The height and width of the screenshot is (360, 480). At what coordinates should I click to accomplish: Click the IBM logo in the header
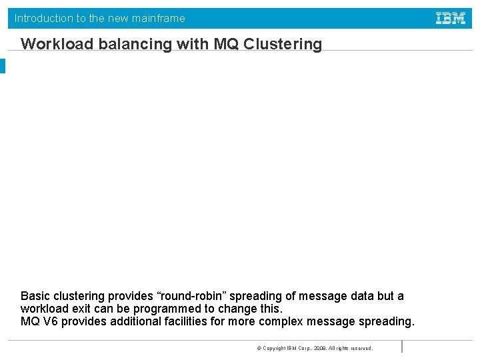(451, 19)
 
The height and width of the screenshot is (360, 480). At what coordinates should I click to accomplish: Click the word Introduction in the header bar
(43, 19)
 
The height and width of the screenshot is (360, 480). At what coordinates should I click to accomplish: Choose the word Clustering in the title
(283, 45)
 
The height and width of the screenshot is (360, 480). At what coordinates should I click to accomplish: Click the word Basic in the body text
(35, 296)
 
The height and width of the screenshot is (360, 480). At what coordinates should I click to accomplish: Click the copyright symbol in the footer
(259, 348)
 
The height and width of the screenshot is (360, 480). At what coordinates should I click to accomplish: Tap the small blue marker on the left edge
(2, 66)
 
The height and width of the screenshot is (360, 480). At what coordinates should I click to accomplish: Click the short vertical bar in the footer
(402, 347)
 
